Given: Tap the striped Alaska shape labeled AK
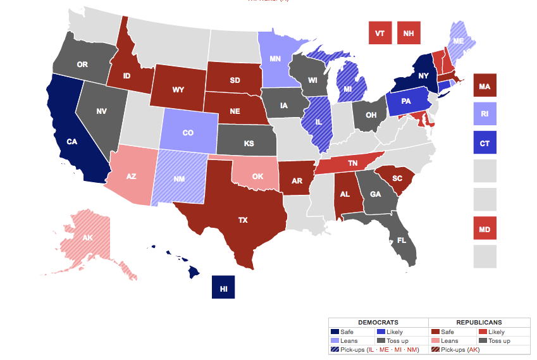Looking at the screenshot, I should tap(89, 238).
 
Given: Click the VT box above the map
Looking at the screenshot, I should tap(380, 34).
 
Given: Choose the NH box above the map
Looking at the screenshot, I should tap(409, 34).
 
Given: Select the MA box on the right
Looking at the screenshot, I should tap(485, 85).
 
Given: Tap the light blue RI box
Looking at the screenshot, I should tap(485, 115).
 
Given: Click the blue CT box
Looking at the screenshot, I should tap(485, 143).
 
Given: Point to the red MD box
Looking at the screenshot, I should tap(485, 228).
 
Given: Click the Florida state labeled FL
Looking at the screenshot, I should tap(401, 240).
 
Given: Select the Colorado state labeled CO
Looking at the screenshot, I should tap(188, 133).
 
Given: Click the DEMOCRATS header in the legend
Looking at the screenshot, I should tap(378, 322).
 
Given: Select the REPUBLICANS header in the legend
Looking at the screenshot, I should tap(479, 322).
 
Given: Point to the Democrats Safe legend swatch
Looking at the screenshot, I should tap(335, 332).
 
